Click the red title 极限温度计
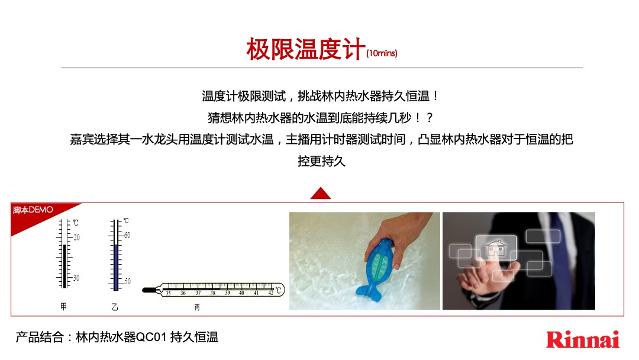(305, 50)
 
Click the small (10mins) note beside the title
(382, 54)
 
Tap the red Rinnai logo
(582, 339)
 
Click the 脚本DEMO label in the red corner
(33, 210)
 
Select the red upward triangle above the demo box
(320, 193)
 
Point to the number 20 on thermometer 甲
(77, 237)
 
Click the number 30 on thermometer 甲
(77, 278)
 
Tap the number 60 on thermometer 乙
(127, 235)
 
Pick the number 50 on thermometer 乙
(127, 281)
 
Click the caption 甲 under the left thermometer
(63, 307)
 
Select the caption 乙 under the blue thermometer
(114, 307)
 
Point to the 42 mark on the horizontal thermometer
(270, 293)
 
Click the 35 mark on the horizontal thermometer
(168, 293)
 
